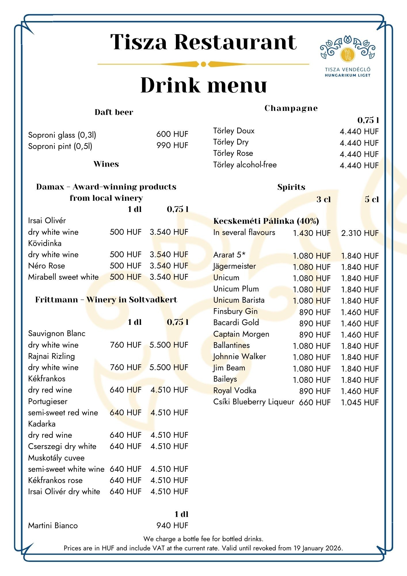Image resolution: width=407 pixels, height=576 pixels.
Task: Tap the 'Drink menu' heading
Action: click(x=203, y=85)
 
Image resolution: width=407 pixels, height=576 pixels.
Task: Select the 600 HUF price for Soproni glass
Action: click(x=172, y=134)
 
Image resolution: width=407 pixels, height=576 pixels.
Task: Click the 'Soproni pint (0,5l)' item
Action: click(x=60, y=146)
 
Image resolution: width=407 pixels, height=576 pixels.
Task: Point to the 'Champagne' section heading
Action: click(x=291, y=108)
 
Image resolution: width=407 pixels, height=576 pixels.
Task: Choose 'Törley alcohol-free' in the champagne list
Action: click(x=245, y=165)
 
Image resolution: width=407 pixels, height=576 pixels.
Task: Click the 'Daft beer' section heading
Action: click(x=114, y=112)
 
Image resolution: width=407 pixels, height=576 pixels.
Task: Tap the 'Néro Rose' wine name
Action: click(x=47, y=266)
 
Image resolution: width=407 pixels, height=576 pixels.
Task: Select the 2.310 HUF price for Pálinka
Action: click(x=360, y=233)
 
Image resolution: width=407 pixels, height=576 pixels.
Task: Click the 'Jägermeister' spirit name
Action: click(x=234, y=266)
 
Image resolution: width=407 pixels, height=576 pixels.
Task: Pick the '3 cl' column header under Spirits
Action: click(x=324, y=199)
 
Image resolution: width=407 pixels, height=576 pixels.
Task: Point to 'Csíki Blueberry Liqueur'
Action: click(x=254, y=402)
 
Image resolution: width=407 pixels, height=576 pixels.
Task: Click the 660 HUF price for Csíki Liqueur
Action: click(x=315, y=403)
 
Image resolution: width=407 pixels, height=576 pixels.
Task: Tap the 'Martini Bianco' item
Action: click(x=53, y=526)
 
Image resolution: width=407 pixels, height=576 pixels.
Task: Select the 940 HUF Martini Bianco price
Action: click(x=172, y=526)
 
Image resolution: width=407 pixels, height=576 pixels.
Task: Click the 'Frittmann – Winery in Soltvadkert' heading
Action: click(x=106, y=300)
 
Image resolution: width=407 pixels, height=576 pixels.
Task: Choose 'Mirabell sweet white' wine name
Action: click(x=63, y=277)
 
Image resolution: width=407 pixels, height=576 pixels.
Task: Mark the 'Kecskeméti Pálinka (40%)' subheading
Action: click(x=266, y=221)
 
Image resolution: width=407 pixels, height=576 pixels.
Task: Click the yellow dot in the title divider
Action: click(x=203, y=64)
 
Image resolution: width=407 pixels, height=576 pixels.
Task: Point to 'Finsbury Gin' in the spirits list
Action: click(x=235, y=312)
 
